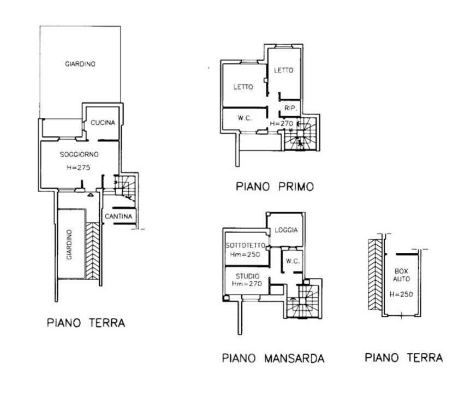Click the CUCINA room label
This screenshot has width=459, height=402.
click(x=103, y=122)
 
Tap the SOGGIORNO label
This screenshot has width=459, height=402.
click(x=79, y=155)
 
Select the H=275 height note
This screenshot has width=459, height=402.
click(x=79, y=168)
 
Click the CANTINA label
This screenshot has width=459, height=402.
click(x=118, y=216)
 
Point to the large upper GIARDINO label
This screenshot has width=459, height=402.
click(x=80, y=64)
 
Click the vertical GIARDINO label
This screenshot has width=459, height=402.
click(x=69, y=245)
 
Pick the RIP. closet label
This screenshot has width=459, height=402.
click(x=291, y=108)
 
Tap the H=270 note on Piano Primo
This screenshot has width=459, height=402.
click(x=281, y=123)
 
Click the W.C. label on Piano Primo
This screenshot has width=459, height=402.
click(x=245, y=118)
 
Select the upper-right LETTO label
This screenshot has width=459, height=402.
click(x=284, y=70)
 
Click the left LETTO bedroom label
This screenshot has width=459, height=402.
click(x=243, y=87)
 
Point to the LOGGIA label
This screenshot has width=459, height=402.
click(x=287, y=230)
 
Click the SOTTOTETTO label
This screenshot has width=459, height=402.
click(x=246, y=246)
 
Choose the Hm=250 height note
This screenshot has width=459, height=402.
click(x=245, y=255)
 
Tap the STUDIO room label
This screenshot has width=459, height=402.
click(x=248, y=276)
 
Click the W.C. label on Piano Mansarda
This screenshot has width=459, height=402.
click(x=293, y=261)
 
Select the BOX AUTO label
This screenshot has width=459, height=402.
click(x=402, y=275)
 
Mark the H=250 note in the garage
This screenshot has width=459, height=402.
click(x=401, y=294)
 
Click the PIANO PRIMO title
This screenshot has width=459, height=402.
click(x=275, y=187)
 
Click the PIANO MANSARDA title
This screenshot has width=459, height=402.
click(x=273, y=358)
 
